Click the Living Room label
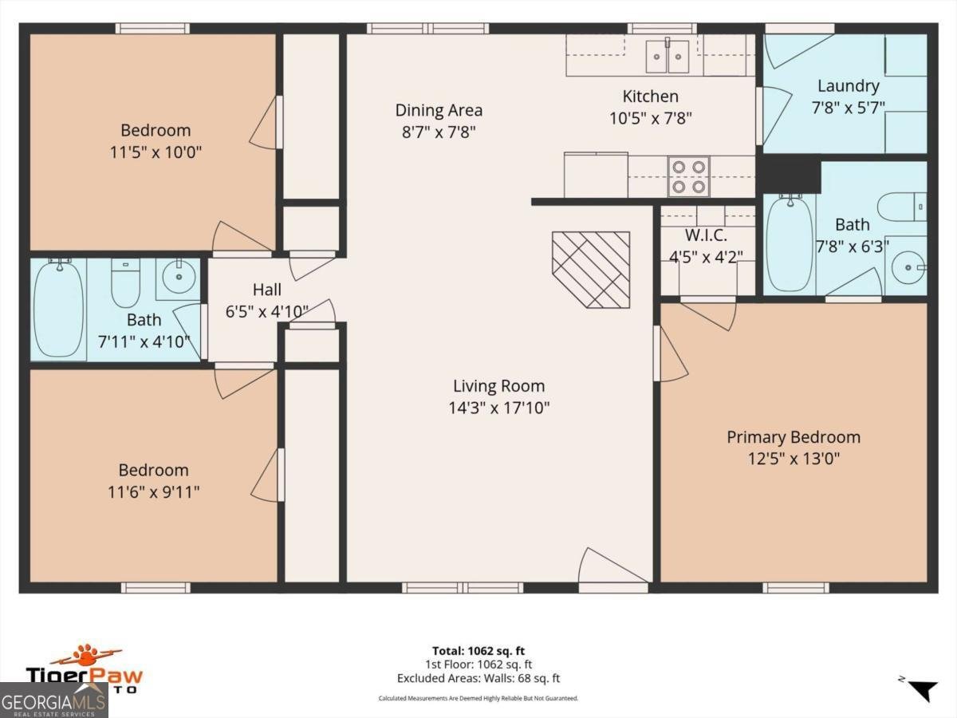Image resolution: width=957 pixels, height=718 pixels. pyautogui.click(x=498, y=386)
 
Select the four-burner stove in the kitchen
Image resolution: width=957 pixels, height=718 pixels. pyautogui.click(x=688, y=176)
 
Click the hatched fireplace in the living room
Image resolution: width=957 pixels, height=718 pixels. pyautogui.click(x=591, y=270)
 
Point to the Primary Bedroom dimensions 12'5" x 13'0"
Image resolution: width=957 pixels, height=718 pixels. pyautogui.click(x=794, y=459)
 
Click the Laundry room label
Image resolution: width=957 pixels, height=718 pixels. pyautogui.click(x=848, y=85)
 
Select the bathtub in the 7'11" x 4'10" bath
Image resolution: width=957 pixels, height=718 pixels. pyautogui.click(x=58, y=308)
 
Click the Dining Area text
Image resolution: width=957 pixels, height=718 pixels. pyautogui.click(x=439, y=110)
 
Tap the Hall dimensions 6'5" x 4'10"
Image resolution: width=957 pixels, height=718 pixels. pyautogui.click(x=266, y=311)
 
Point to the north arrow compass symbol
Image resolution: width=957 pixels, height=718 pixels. pyautogui.click(x=922, y=688)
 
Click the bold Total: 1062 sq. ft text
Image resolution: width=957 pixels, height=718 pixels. pyautogui.click(x=478, y=651)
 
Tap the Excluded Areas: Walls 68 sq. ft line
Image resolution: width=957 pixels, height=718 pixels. pyautogui.click(x=478, y=678)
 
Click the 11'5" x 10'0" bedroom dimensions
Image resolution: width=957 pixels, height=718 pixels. pyautogui.click(x=156, y=152)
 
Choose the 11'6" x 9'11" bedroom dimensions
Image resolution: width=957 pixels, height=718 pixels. pyautogui.click(x=154, y=491)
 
